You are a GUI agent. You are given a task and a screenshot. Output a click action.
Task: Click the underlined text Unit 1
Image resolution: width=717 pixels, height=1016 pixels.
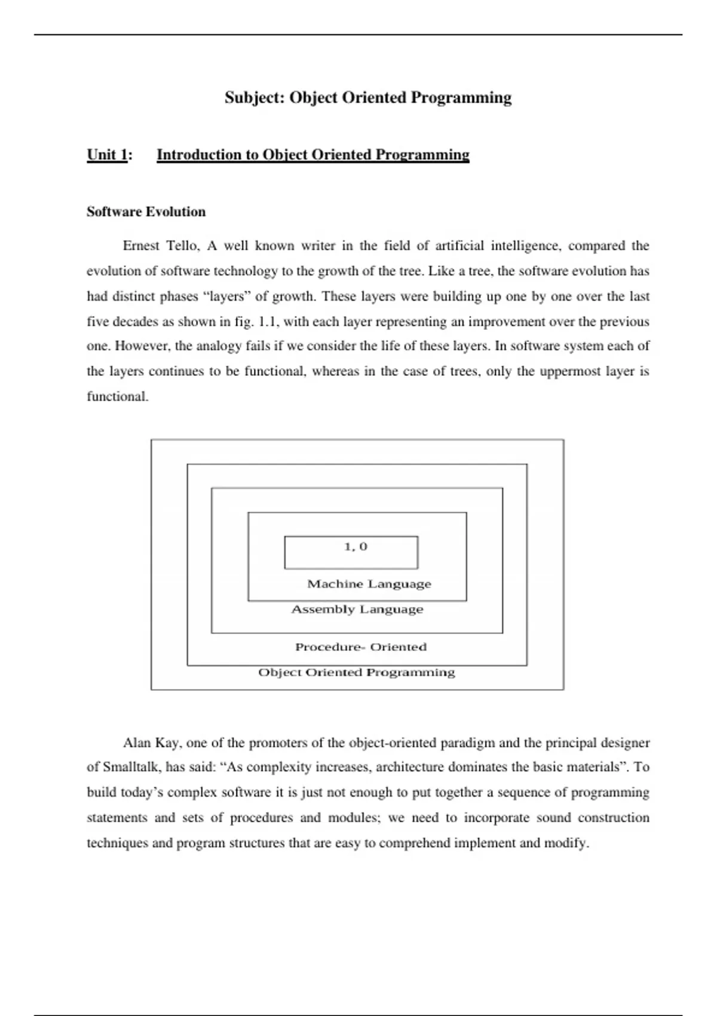(x=108, y=155)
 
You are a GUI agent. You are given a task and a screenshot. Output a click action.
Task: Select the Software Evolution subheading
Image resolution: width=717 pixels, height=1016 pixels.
(x=146, y=212)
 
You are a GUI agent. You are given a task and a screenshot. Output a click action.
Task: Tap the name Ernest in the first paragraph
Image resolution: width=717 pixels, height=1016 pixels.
(x=141, y=246)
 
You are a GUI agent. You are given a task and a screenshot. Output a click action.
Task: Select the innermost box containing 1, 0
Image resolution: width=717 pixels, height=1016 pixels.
(x=351, y=552)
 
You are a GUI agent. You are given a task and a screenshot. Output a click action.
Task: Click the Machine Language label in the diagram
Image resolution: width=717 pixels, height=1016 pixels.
(x=369, y=584)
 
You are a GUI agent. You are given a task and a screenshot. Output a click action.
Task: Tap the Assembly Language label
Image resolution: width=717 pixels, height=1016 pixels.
(x=357, y=610)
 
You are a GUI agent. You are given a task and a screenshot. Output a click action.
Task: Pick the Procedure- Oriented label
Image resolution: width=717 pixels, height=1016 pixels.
(x=361, y=647)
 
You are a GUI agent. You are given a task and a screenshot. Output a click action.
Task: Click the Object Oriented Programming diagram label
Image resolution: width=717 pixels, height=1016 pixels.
(x=357, y=673)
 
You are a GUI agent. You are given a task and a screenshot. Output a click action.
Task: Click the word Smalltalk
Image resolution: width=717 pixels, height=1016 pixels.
(x=131, y=767)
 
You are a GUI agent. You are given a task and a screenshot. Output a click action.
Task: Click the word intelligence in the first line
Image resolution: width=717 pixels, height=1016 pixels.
(x=525, y=246)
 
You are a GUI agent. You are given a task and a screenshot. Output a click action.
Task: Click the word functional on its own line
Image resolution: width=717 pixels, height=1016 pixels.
(x=117, y=396)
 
